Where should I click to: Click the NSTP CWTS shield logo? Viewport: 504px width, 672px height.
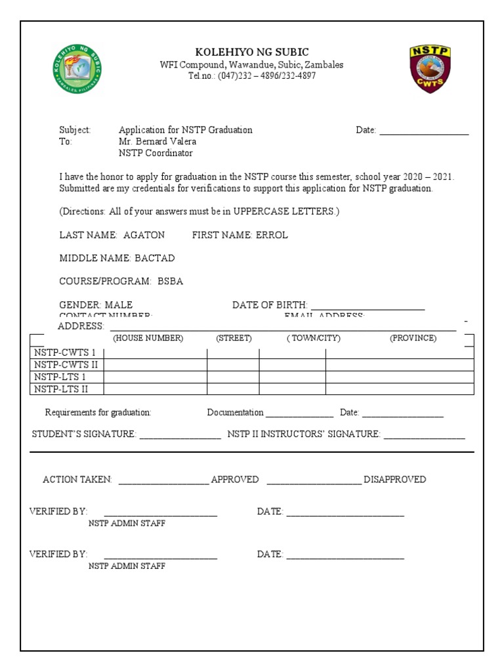429,69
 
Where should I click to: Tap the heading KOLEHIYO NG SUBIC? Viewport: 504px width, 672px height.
252,52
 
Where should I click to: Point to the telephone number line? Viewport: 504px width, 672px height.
252,76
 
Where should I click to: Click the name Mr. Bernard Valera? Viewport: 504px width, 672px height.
157,142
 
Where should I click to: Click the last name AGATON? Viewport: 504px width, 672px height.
144,235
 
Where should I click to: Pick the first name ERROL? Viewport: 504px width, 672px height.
272,235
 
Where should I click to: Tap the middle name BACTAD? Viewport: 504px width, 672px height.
155,258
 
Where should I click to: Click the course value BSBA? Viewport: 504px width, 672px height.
171,282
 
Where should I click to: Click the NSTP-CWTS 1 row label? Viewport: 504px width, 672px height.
65,352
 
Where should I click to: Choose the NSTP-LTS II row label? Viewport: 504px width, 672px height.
61,389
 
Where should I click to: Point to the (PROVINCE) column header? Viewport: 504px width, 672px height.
413,339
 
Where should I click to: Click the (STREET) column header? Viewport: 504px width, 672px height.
234,339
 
